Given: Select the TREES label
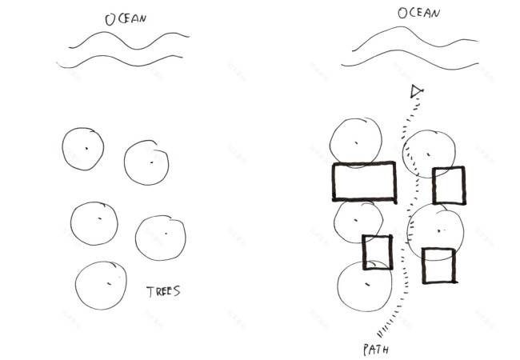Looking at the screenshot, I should [x=163, y=291].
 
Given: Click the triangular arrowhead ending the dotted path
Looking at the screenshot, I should [x=415, y=92].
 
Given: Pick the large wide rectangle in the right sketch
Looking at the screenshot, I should [x=364, y=182].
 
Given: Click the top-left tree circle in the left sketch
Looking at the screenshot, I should [x=83, y=148].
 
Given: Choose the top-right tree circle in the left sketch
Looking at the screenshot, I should [x=146, y=162].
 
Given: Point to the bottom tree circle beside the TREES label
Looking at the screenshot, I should [x=102, y=286].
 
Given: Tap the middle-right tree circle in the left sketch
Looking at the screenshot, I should [x=161, y=237].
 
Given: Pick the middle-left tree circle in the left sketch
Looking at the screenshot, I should [x=94, y=223].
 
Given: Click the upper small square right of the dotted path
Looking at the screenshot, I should [x=448, y=186].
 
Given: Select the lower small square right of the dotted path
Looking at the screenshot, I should [x=438, y=266].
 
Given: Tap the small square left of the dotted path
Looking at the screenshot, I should [x=377, y=253].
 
